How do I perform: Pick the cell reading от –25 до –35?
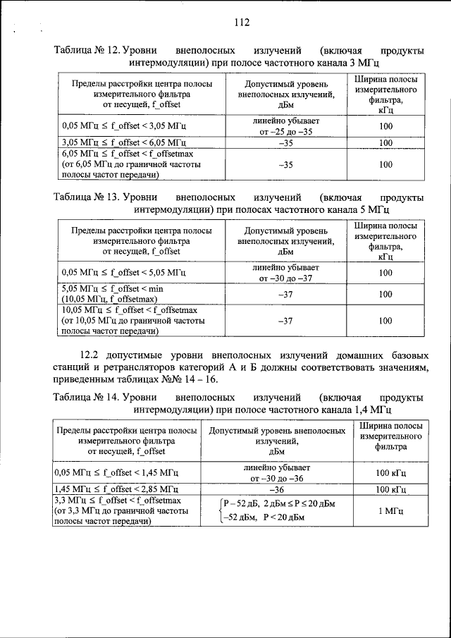coord(285,132)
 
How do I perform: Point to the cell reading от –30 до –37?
coord(285,278)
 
